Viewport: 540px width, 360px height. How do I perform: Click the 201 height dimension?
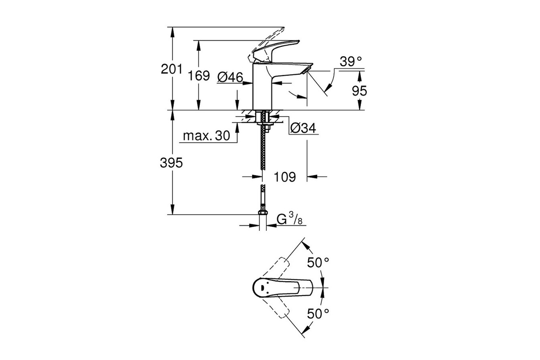pos(171,69)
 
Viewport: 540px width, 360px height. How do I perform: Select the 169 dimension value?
pos(198,76)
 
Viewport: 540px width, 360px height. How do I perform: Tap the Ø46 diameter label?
pos(230,77)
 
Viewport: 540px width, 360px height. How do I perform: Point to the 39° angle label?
pos(351,62)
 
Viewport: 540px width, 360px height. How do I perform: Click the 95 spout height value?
pos(360,91)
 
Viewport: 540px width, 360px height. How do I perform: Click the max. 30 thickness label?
pos(207,136)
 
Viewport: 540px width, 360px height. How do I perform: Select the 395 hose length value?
pos(171,163)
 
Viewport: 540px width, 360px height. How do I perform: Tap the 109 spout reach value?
pos(285,177)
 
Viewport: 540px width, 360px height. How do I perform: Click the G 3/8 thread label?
pos(289,219)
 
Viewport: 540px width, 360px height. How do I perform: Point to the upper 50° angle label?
pos(318,262)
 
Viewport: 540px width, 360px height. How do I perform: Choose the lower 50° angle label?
pos(318,314)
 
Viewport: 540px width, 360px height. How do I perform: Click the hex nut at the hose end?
pos(262,212)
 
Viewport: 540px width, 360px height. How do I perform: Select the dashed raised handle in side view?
pos(265,45)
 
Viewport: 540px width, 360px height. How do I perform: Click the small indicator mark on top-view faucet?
pos(262,288)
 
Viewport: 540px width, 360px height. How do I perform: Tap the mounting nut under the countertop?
pos(265,124)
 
